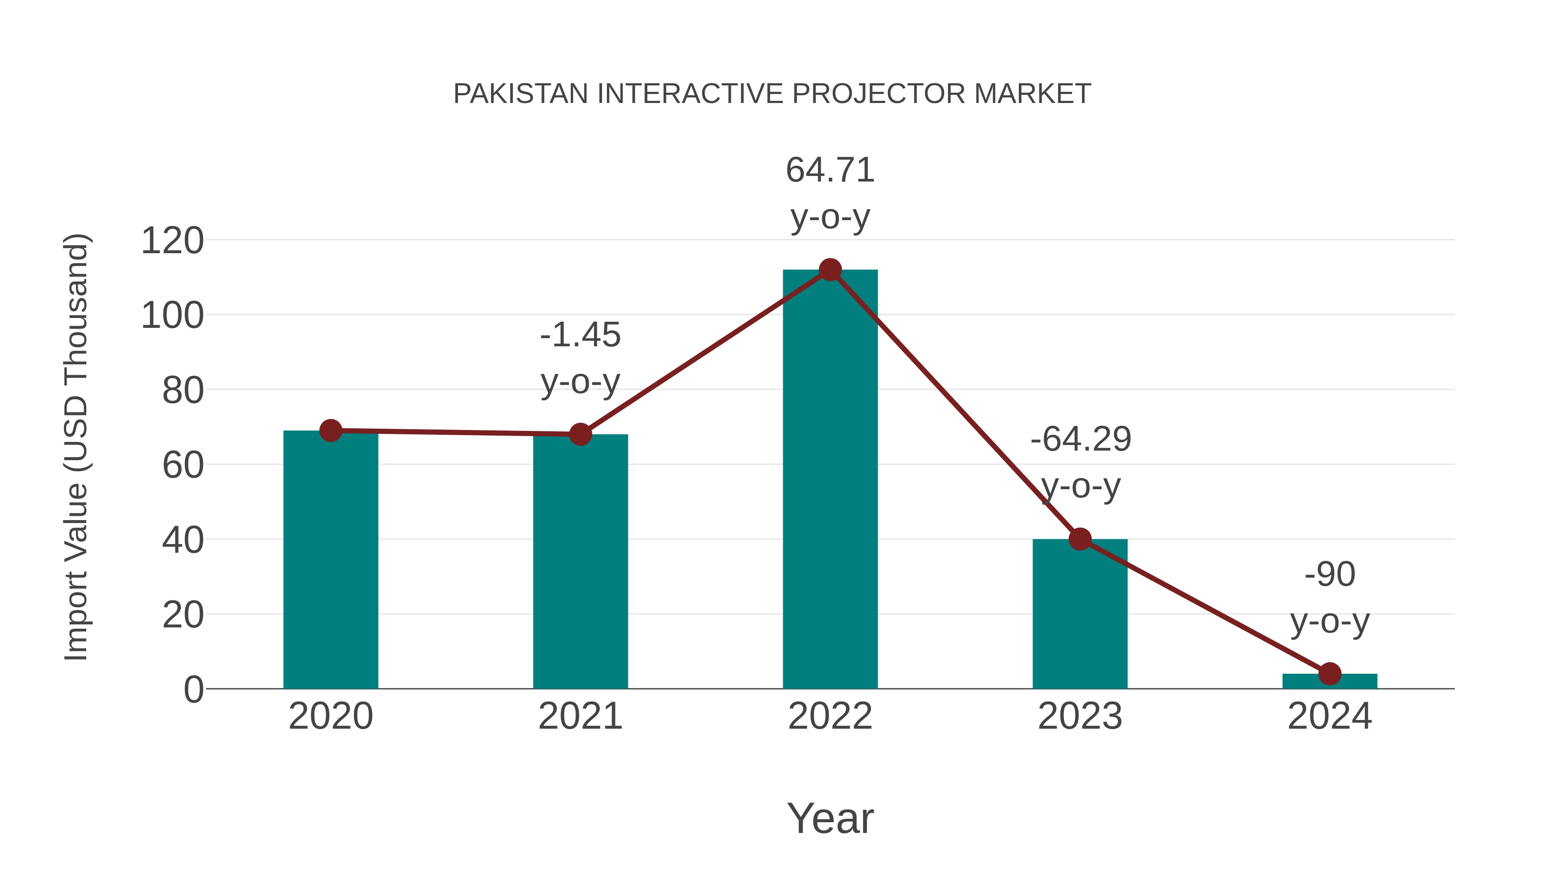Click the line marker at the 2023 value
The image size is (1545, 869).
tap(1080, 539)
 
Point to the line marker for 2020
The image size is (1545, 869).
tap(330, 430)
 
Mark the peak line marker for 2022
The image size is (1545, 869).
tap(830, 270)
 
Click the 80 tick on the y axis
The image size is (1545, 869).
tap(182, 391)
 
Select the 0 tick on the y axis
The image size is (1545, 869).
tap(193, 689)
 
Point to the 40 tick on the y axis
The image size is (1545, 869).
tap(182, 540)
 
